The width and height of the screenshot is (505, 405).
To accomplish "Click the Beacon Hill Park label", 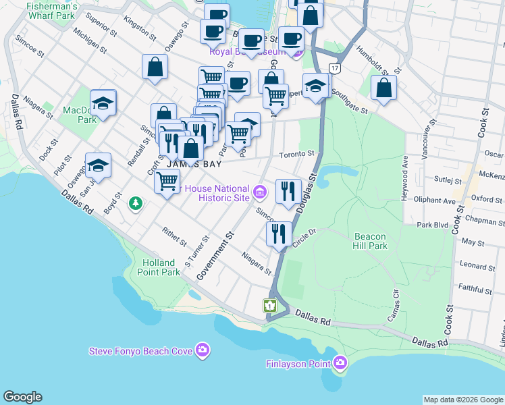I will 370,242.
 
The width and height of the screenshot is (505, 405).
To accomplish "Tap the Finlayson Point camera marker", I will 340,364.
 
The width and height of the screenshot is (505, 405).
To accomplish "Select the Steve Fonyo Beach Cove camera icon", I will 202,350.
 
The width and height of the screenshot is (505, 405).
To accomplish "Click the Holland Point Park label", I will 161,267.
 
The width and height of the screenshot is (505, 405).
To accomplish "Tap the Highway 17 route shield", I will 334,68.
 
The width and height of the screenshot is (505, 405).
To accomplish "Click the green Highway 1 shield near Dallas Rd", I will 270,306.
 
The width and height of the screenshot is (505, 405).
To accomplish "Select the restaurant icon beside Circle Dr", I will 278,234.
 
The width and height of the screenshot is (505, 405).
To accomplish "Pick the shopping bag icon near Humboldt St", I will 383,87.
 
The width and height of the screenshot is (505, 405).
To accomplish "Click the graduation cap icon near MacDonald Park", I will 103,103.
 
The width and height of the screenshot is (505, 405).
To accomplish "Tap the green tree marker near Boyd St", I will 136,202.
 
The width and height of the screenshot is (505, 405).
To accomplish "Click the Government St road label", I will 215,256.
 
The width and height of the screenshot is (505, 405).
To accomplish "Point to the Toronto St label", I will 297,154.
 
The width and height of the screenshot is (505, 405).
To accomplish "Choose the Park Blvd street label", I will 433,225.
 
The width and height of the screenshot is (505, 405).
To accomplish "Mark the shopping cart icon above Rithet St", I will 166,180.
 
